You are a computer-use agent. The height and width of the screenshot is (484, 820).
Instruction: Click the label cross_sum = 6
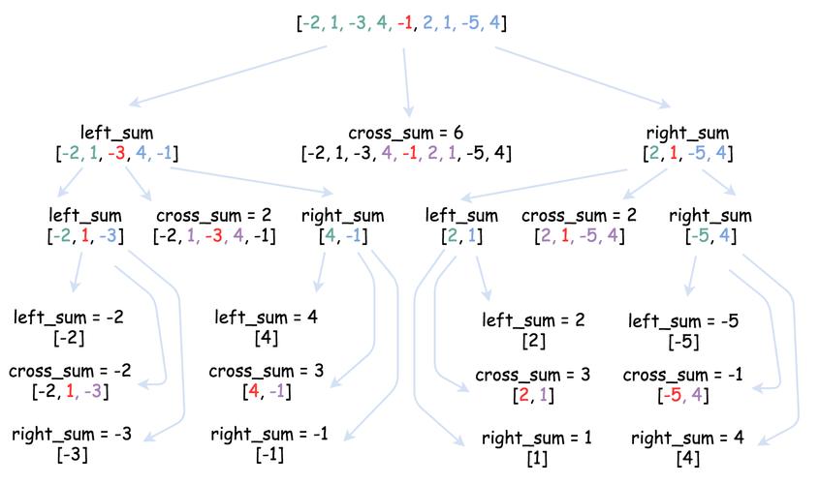point(406,133)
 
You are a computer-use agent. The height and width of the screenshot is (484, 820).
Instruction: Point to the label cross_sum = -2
point(69,371)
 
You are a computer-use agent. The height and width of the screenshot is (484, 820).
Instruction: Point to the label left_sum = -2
point(69,317)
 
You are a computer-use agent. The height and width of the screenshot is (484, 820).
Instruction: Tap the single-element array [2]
point(532,341)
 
